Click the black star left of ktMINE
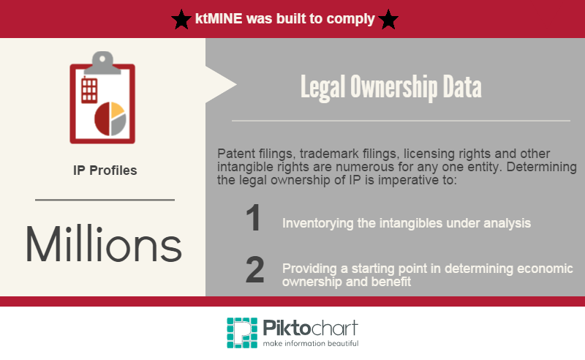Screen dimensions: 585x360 [x=181, y=20]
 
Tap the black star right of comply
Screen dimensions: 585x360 [x=388, y=20]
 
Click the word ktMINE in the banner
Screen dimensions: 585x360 [x=219, y=19]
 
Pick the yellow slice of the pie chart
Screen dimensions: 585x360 [x=117, y=110]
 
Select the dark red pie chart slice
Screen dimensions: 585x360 [x=102, y=119]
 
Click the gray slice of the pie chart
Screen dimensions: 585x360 [x=118, y=124]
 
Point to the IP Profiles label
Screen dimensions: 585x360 [x=105, y=170]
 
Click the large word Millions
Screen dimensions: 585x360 [x=104, y=244]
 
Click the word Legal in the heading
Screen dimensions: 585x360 [x=322, y=88]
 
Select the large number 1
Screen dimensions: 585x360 [x=254, y=218]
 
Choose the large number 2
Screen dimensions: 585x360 [x=254, y=269]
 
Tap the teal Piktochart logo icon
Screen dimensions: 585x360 [x=242, y=333]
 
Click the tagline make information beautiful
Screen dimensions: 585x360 [x=310, y=343]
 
